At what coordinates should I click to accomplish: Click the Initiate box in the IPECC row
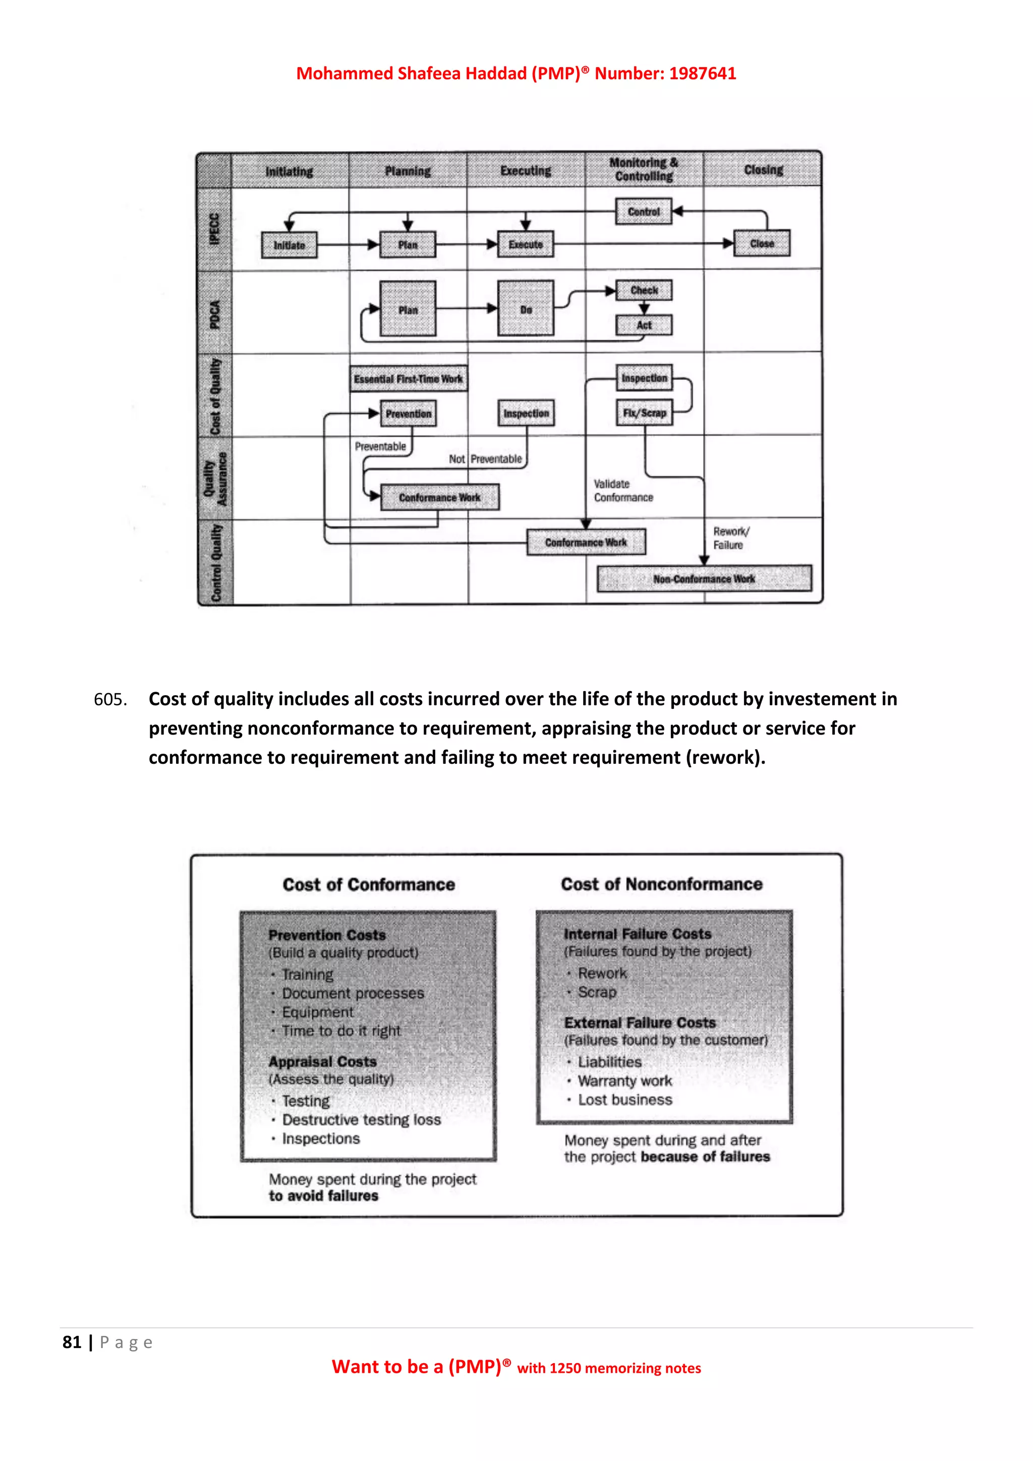[x=290, y=245]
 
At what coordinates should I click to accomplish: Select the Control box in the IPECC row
[x=644, y=212]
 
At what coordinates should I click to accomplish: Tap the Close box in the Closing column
[x=762, y=244]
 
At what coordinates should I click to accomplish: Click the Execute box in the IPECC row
[x=526, y=244]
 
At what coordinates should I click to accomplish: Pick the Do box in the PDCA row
[x=526, y=309]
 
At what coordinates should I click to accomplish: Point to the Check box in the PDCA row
[x=644, y=290]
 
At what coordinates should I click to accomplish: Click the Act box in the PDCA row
[x=644, y=325]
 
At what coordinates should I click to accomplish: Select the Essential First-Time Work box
[x=409, y=378]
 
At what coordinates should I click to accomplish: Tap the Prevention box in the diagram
[x=409, y=414]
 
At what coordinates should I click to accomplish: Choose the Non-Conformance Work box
[x=704, y=579]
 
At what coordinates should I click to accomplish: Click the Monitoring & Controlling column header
[x=644, y=170]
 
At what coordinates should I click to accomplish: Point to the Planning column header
[x=408, y=171]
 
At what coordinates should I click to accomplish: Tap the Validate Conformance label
[x=623, y=490]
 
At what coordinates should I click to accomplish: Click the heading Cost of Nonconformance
[x=662, y=884]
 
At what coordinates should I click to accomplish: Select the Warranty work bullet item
[x=624, y=1081]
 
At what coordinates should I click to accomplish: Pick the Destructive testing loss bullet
[x=361, y=1120]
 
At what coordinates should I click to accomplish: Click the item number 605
[x=110, y=699]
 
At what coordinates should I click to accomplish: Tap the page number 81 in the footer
[x=72, y=1342]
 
